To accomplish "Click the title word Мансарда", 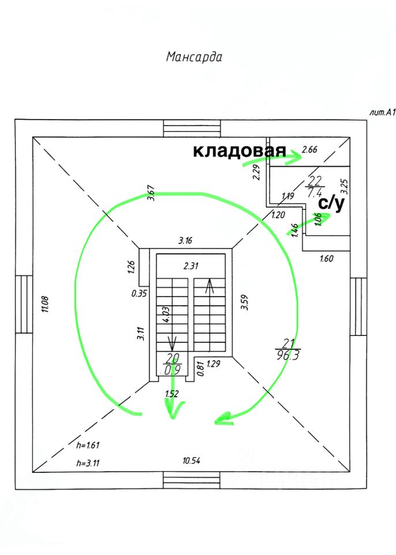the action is click(194, 57).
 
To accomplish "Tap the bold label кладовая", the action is click(239, 151).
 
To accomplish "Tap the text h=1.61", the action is click(89, 445).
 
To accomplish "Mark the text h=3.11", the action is click(89, 463).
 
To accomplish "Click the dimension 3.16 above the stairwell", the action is click(185, 240).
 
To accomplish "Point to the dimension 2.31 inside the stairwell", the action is click(190, 267).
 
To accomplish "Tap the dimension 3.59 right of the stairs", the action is click(244, 304).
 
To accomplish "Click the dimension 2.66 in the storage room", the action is click(310, 150).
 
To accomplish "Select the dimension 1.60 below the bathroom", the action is click(326, 259).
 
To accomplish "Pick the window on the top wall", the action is click(192, 128).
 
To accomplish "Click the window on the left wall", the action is click(24, 304).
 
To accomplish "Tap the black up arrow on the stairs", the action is click(209, 285).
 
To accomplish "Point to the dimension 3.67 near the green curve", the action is click(152, 193).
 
